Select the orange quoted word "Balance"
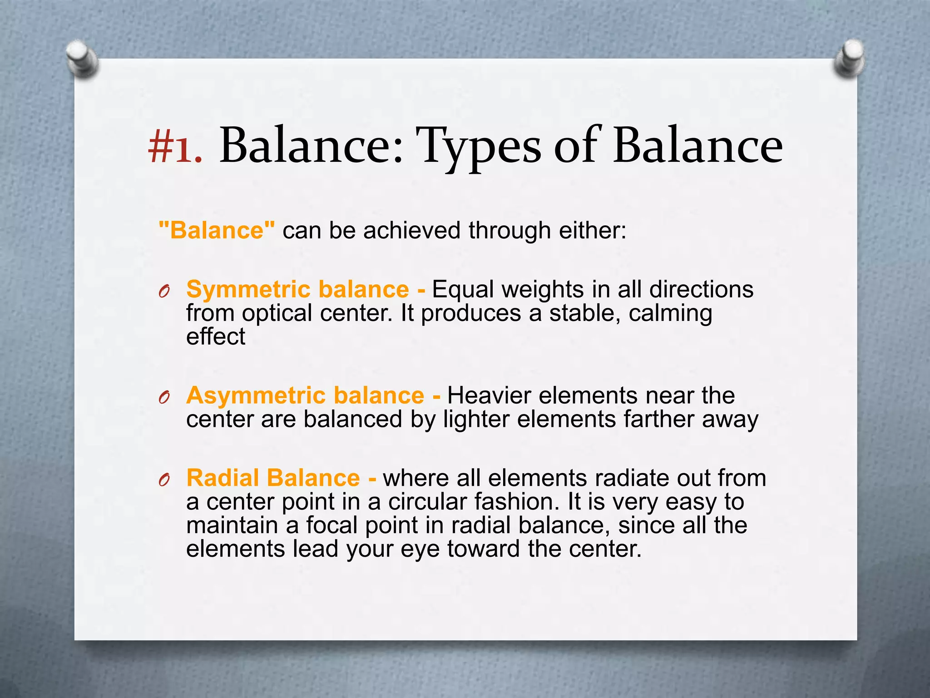tap(217, 230)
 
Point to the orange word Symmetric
tap(248, 289)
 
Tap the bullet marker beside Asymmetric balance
tap(164, 397)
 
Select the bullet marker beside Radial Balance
tap(164, 480)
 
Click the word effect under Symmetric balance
tap(216, 337)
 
